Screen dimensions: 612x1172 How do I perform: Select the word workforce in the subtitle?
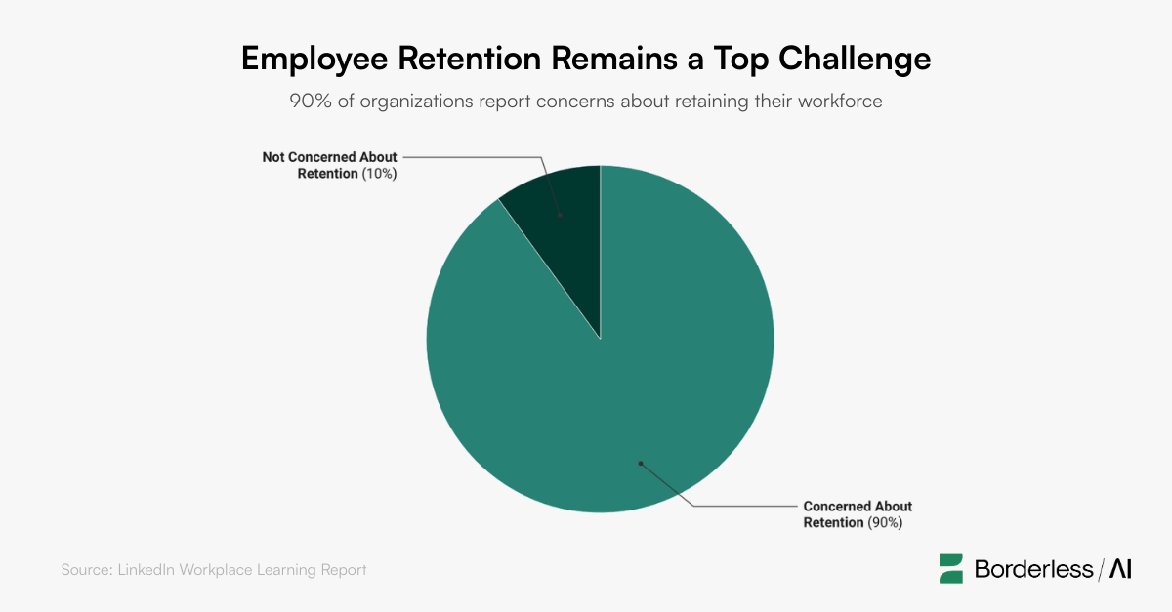click(838, 101)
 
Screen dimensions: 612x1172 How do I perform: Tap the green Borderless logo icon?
click(951, 568)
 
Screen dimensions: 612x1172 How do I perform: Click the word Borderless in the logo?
click(1033, 569)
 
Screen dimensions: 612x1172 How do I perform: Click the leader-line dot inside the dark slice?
click(560, 214)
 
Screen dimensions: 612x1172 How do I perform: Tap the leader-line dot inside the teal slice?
click(641, 464)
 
